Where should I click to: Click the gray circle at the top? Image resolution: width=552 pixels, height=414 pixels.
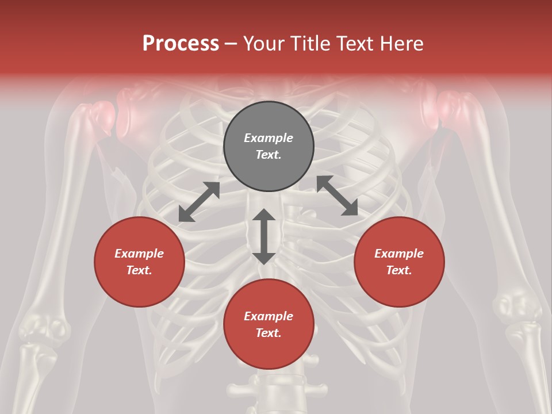click(269, 147)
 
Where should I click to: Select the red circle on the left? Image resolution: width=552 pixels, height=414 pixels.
click(139, 262)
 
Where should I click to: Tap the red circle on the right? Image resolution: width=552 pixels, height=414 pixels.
click(399, 262)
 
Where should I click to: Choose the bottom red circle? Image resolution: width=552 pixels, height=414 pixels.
click(269, 324)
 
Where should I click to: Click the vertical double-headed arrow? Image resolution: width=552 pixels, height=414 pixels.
click(264, 236)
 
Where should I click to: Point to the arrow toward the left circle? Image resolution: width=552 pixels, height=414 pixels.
click(199, 202)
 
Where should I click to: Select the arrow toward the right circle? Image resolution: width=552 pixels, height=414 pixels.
click(337, 195)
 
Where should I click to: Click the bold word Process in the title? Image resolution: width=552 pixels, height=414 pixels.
click(181, 43)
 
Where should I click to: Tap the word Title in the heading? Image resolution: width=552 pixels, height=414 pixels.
click(310, 43)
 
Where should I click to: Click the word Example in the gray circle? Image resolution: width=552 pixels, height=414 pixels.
click(269, 138)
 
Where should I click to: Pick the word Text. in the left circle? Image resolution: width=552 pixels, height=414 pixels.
click(139, 270)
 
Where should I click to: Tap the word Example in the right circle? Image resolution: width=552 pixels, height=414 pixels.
click(399, 254)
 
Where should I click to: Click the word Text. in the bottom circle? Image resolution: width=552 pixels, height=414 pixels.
click(269, 333)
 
